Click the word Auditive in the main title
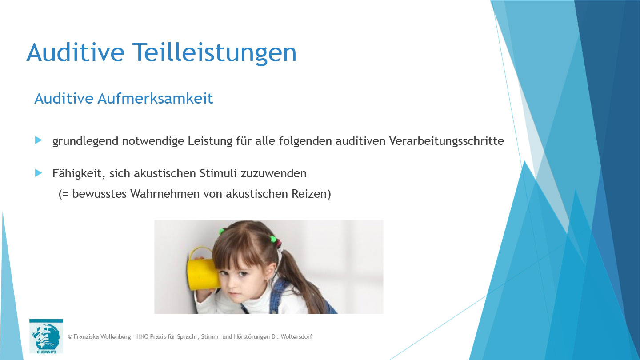75,52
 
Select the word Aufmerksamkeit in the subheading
156,98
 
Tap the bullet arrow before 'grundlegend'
39,140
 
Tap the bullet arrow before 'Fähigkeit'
39,172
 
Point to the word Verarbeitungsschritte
446,141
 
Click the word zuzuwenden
274,173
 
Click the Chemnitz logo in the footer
46,336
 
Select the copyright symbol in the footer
70,337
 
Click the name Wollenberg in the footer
113,337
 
